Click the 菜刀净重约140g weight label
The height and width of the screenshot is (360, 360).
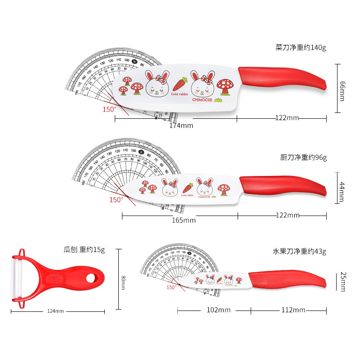coord(301,47)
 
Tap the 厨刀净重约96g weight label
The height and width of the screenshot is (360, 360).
coord(303,157)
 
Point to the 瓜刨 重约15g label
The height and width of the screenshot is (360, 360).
coord(84,250)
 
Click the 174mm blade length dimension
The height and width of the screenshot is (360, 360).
coord(181,126)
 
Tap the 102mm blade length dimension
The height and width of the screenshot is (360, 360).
coord(219,310)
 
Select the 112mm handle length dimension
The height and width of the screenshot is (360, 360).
coord(293,310)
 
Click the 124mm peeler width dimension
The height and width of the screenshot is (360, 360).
coord(56,311)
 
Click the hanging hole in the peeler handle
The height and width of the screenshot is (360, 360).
coord(92,278)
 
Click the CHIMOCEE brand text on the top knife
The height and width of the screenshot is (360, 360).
coord(202,99)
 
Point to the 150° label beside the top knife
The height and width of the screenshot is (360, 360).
coord(109,109)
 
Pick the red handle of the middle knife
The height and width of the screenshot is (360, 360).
coord(282,185)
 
